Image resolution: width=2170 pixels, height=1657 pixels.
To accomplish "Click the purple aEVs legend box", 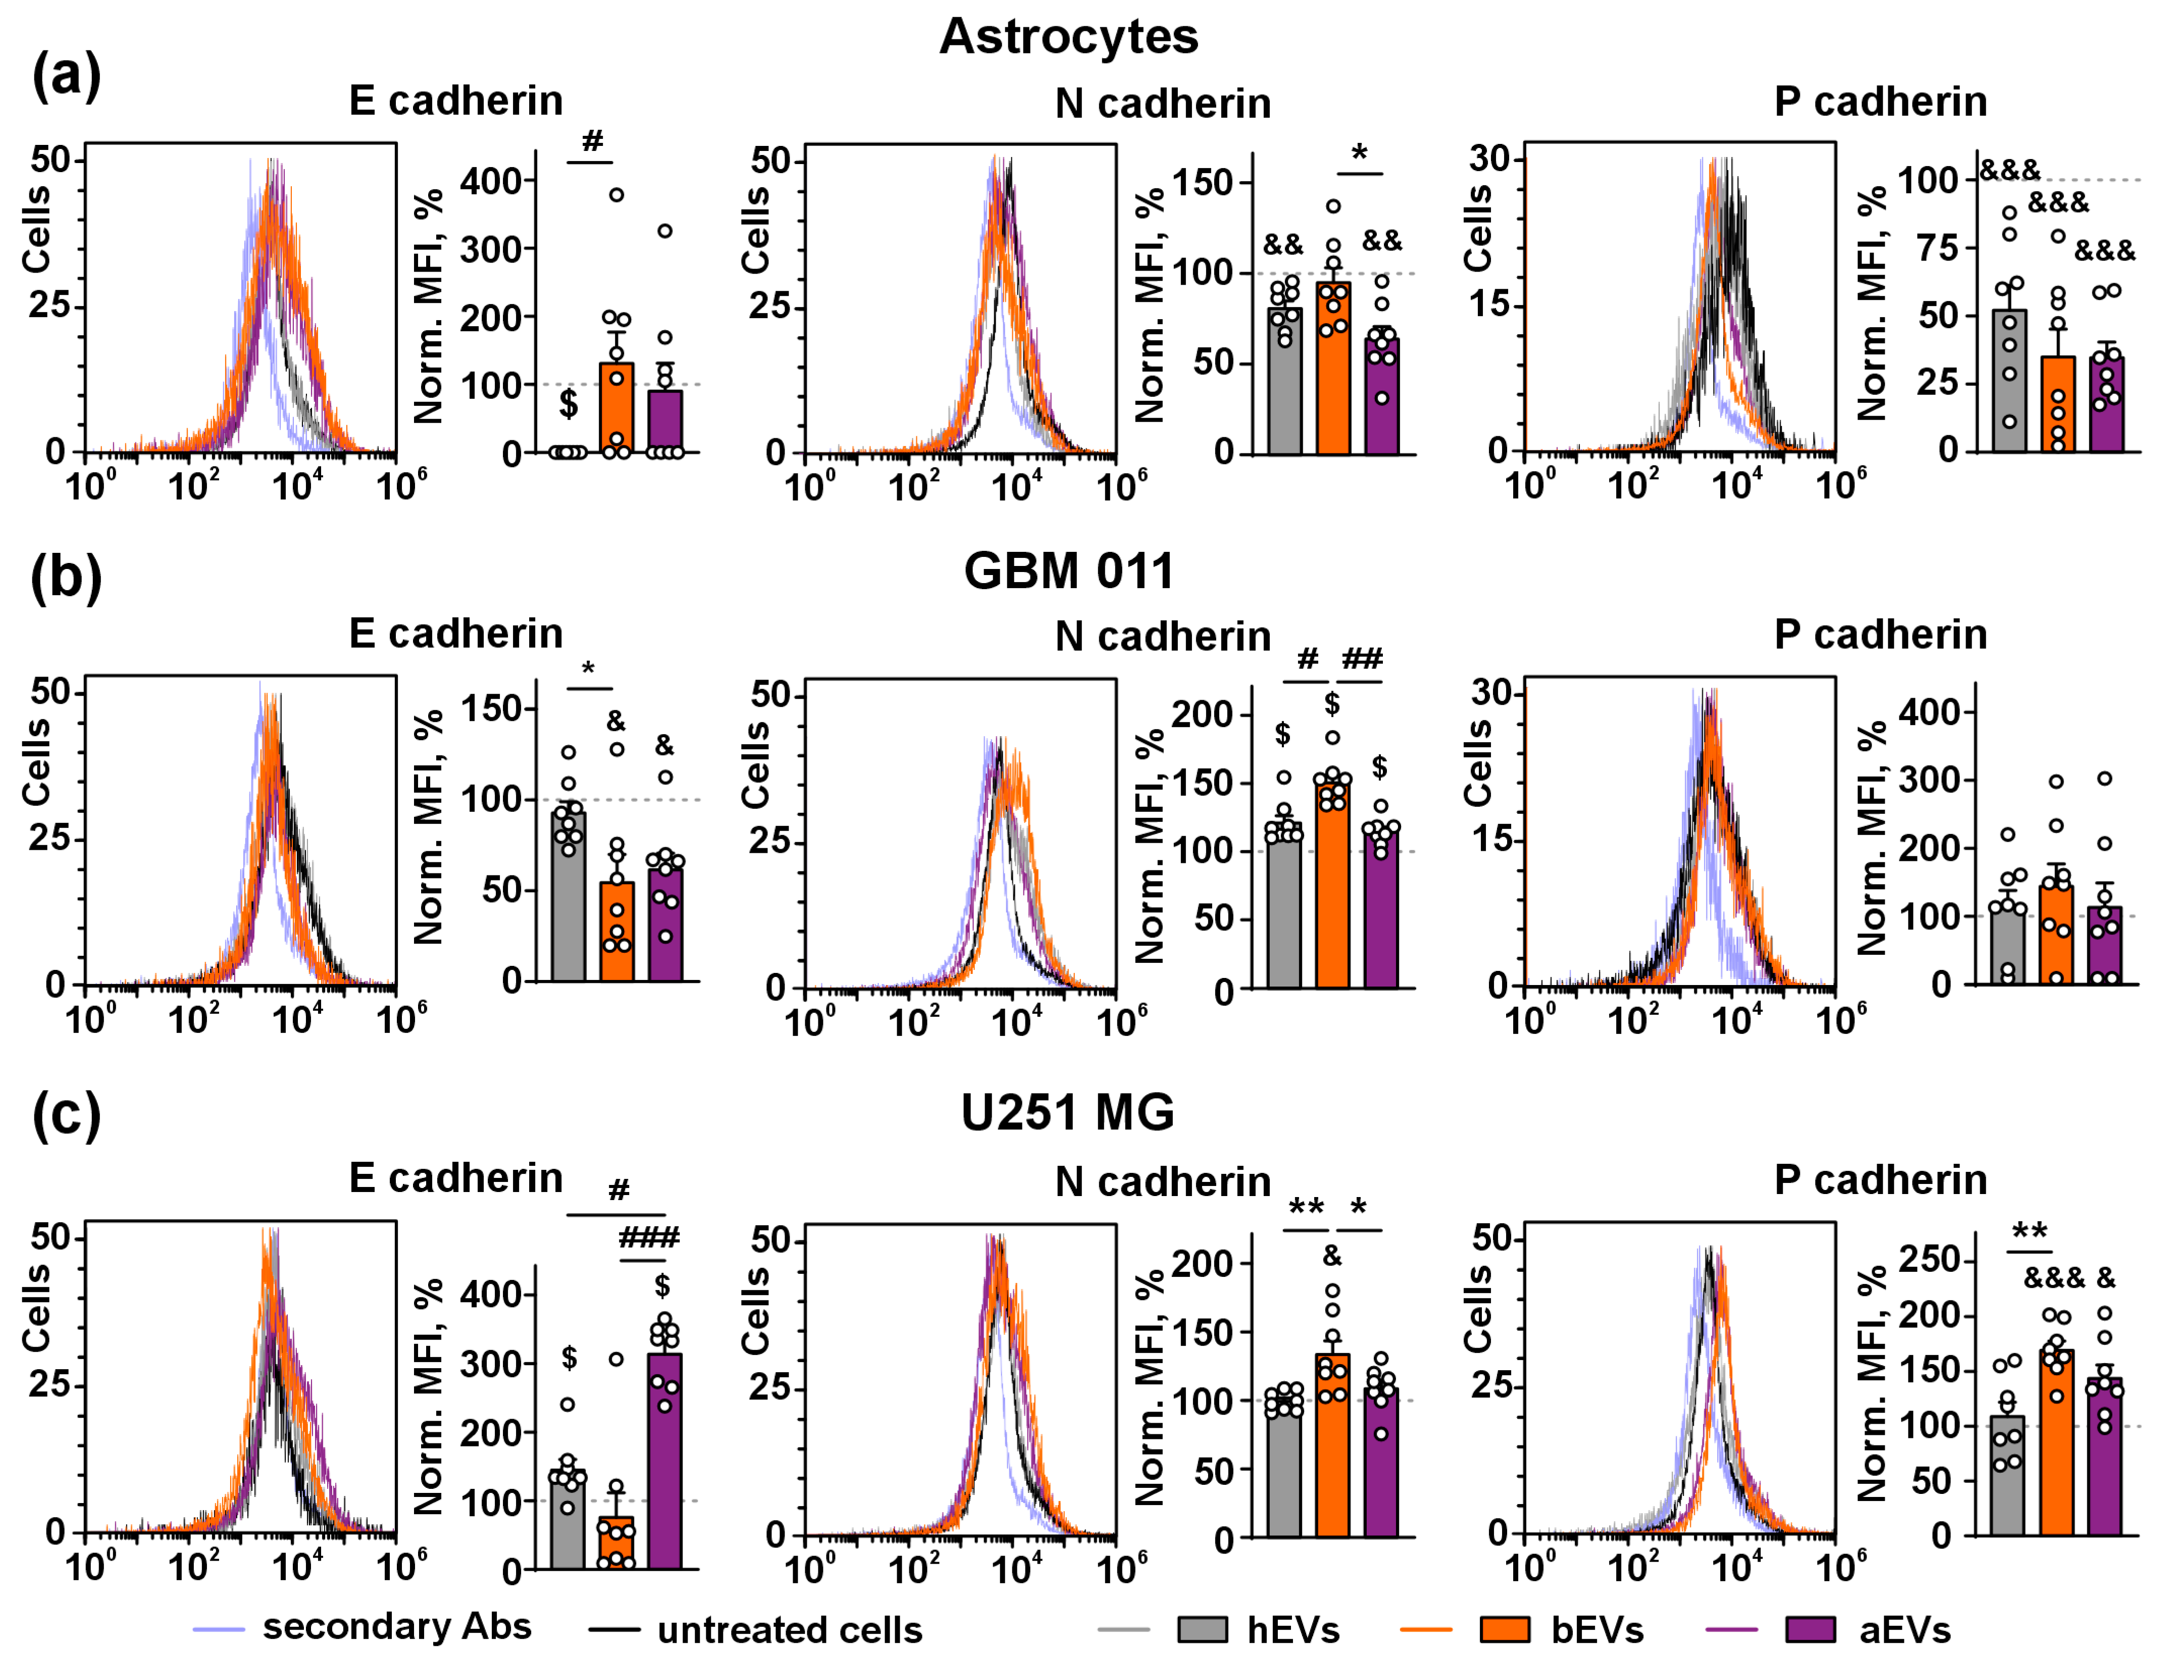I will [1810, 1629].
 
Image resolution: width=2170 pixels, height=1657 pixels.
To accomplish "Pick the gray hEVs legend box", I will [1202, 1629].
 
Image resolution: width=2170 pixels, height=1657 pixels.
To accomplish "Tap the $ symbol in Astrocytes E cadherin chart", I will [568, 404].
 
